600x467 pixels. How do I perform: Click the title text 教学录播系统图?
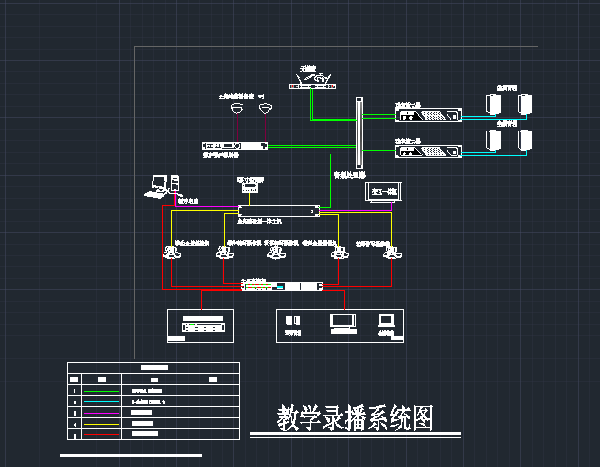(355, 418)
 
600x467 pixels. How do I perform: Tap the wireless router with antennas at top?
(312, 81)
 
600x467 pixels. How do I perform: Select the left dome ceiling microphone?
(237, 108)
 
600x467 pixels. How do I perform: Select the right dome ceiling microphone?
(266, 108)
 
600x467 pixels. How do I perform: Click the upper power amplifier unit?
(428, 116)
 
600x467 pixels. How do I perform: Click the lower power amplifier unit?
(428, 152)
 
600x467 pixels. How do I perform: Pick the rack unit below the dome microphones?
(233, 145)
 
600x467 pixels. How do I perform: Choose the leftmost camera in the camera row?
(170, 253)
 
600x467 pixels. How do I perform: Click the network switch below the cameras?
(282, 287)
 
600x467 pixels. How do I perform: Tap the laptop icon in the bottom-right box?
(386, 321)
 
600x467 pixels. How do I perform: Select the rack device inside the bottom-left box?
(204, 326)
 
